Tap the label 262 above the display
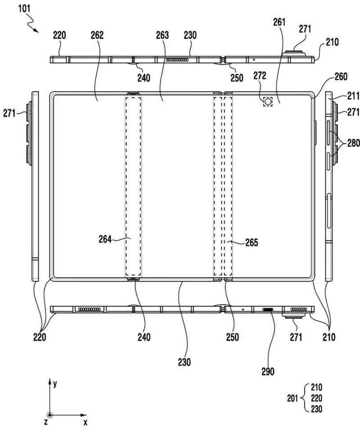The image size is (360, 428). pyautogui.click(x=97, y=35)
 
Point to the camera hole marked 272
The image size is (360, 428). pyautogui.click(x=268, y=102)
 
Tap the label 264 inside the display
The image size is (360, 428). pyautogui.click(x=106, y=239)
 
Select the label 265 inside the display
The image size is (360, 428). pyautogui.click(x=251, y=243)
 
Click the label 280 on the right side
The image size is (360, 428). pyautogui.click(x=353, y=143)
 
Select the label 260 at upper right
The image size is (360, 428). pyautogui.click(x=341, y=77)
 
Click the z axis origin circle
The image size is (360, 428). pyautogui.click(x=49, y=415)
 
